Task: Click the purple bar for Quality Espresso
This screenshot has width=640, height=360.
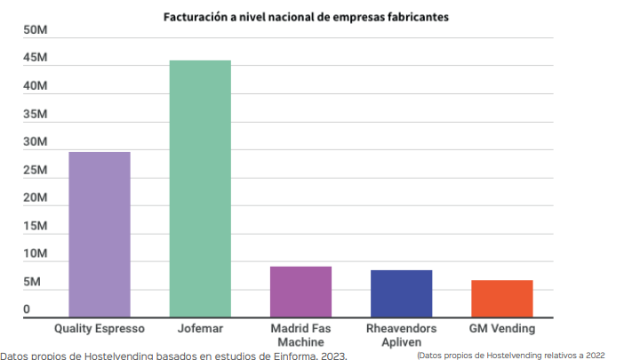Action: coord(99,235)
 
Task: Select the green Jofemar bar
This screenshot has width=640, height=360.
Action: coord(200,188)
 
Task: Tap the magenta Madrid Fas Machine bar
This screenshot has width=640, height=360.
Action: coord(300,292)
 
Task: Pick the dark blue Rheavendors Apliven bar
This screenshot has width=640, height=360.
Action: coord(401,293)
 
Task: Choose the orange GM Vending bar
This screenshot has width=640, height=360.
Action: coord(501,299)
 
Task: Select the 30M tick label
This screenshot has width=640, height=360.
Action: coord(36,142)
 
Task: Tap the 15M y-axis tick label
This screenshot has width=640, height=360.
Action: coord(36,226)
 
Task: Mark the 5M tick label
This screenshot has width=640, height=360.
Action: coord(32,282)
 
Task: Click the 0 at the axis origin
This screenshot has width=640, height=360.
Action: coord(27,309)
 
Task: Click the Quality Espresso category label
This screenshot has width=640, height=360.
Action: coord(99,329)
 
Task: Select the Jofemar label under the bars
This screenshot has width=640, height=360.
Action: coord(200,329)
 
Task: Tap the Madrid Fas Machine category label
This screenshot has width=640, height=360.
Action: coord(300,335)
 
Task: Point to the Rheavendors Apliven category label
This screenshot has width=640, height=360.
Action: coord(401,335)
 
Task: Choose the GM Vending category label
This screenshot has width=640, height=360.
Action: coord(501,329)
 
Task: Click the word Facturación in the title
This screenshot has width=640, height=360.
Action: coord(190,17)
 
